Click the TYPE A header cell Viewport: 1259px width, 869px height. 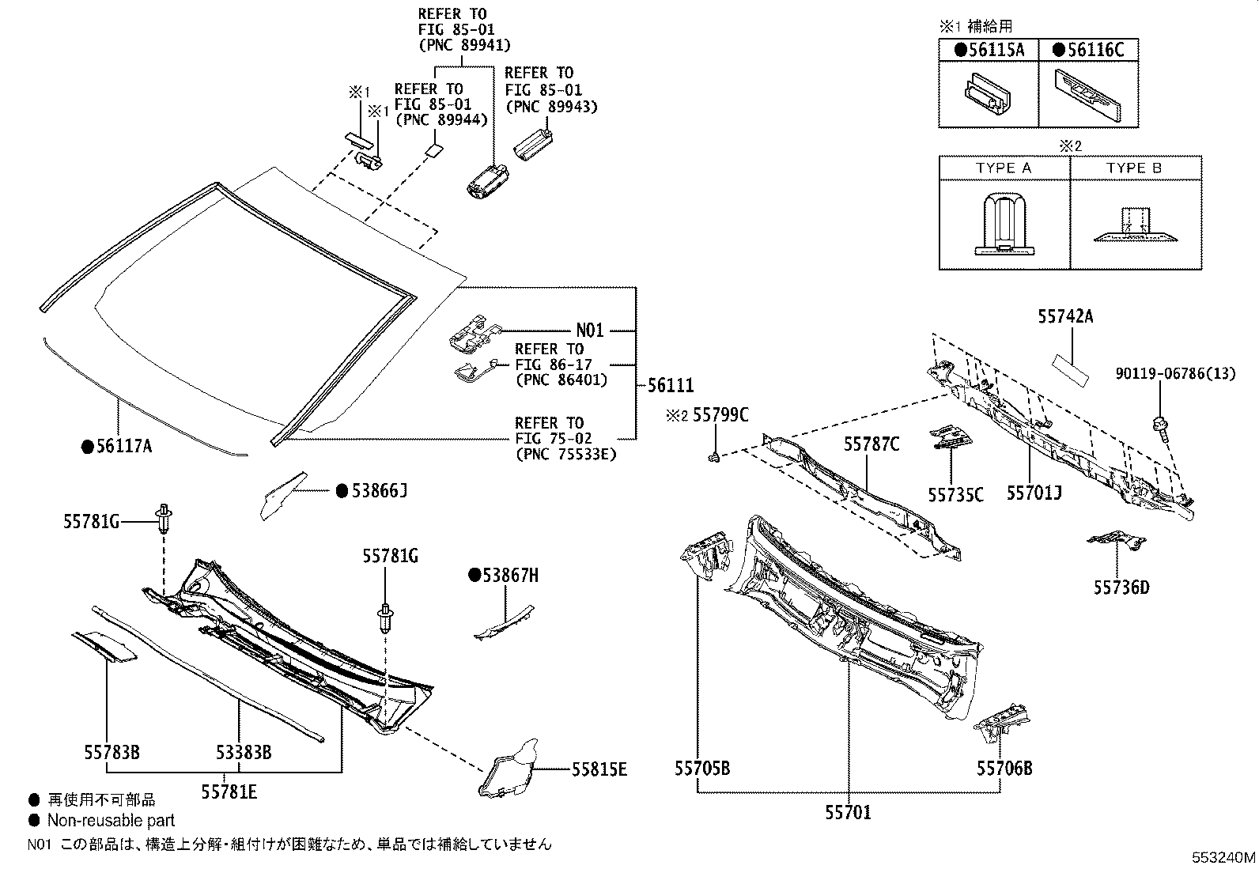(1004, 168)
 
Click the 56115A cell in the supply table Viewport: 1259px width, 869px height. (989, 50)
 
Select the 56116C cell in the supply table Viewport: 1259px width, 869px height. (1088, 50)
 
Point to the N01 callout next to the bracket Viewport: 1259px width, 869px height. (590, 331)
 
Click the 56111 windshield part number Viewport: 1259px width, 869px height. (671, 386)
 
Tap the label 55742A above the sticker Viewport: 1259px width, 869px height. (1065, 317)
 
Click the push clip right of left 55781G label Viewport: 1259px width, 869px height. (165, 517)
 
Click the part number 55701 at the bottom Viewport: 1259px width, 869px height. (848, 812)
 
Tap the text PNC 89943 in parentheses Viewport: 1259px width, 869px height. (551, 106)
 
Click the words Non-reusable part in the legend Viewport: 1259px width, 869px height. (111, 821)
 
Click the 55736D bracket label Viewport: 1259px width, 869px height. (1121, 588)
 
